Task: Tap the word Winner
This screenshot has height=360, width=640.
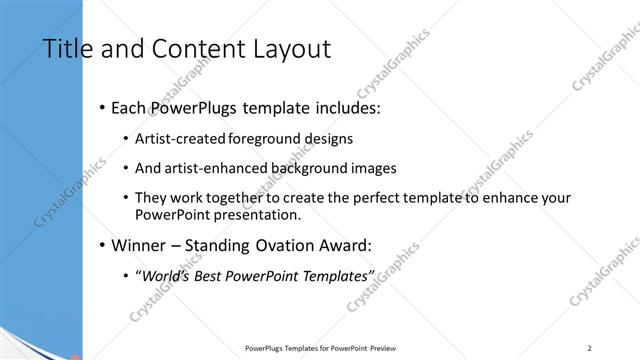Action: [x=141, y=244]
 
